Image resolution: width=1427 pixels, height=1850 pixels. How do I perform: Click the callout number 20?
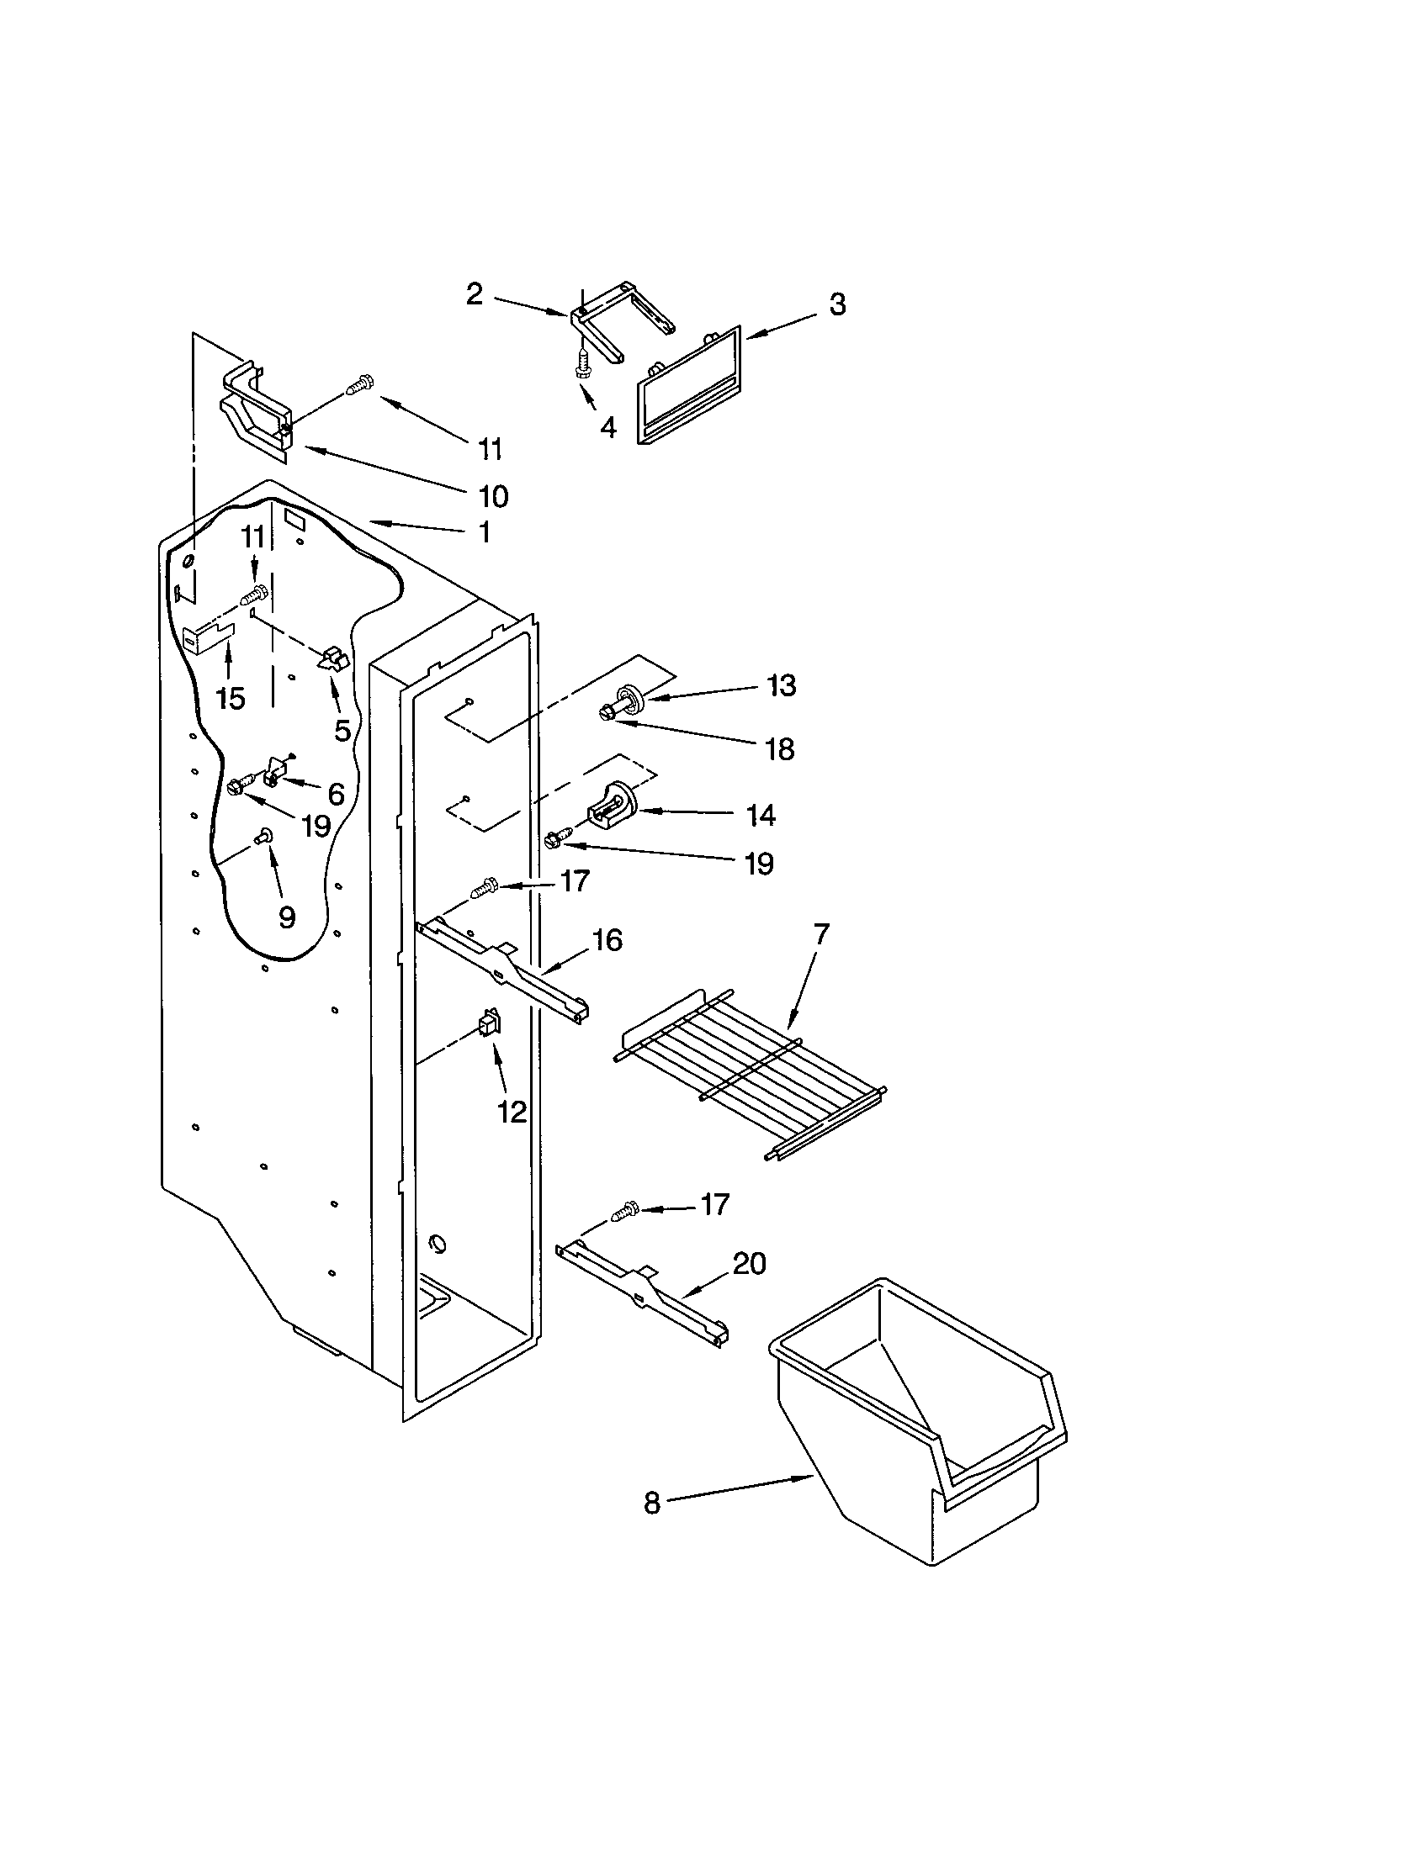749,1286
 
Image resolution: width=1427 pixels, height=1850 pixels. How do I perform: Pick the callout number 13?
782,685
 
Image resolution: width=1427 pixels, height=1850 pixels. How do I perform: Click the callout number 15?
230,699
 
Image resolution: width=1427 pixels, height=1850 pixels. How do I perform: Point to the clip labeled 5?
332,659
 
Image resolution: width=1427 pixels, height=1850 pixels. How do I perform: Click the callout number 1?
484,533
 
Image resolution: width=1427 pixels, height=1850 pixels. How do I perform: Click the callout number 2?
475,294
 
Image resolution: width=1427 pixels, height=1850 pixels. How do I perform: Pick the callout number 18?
779,748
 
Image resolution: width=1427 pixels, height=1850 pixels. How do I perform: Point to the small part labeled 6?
276,774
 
